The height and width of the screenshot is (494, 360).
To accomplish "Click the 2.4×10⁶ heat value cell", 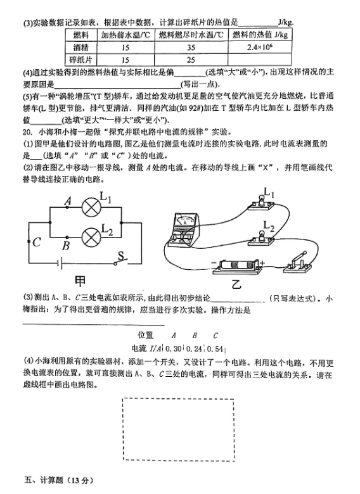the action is click(x=259, y=47).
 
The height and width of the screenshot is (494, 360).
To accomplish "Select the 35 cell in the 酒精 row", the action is click(x=191, y=47).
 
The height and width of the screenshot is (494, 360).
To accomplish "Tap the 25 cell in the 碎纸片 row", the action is click(x=191, y=60).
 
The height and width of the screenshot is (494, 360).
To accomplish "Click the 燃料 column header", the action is click(x=81, y=35).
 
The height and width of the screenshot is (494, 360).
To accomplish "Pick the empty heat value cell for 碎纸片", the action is click(x=259, y=60).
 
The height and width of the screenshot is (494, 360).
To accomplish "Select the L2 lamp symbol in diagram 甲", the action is click(x=91, y=237).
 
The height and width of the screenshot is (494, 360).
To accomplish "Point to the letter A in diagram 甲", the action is click(x=68, y=200).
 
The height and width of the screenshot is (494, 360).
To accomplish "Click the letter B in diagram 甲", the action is click(x=66, y=246).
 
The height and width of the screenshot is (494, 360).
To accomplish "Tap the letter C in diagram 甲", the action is click(x=37, y=242).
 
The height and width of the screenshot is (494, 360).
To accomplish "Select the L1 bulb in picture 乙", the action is click(x=261, y=203).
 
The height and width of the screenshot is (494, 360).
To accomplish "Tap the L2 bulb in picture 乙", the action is click(x=261, y=239).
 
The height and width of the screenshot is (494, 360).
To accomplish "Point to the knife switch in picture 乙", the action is click(x=297, y=262).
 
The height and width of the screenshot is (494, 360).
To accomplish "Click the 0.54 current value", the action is click(x=215, y=349).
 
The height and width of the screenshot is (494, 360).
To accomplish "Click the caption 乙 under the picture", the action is click(x=236, y=284).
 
